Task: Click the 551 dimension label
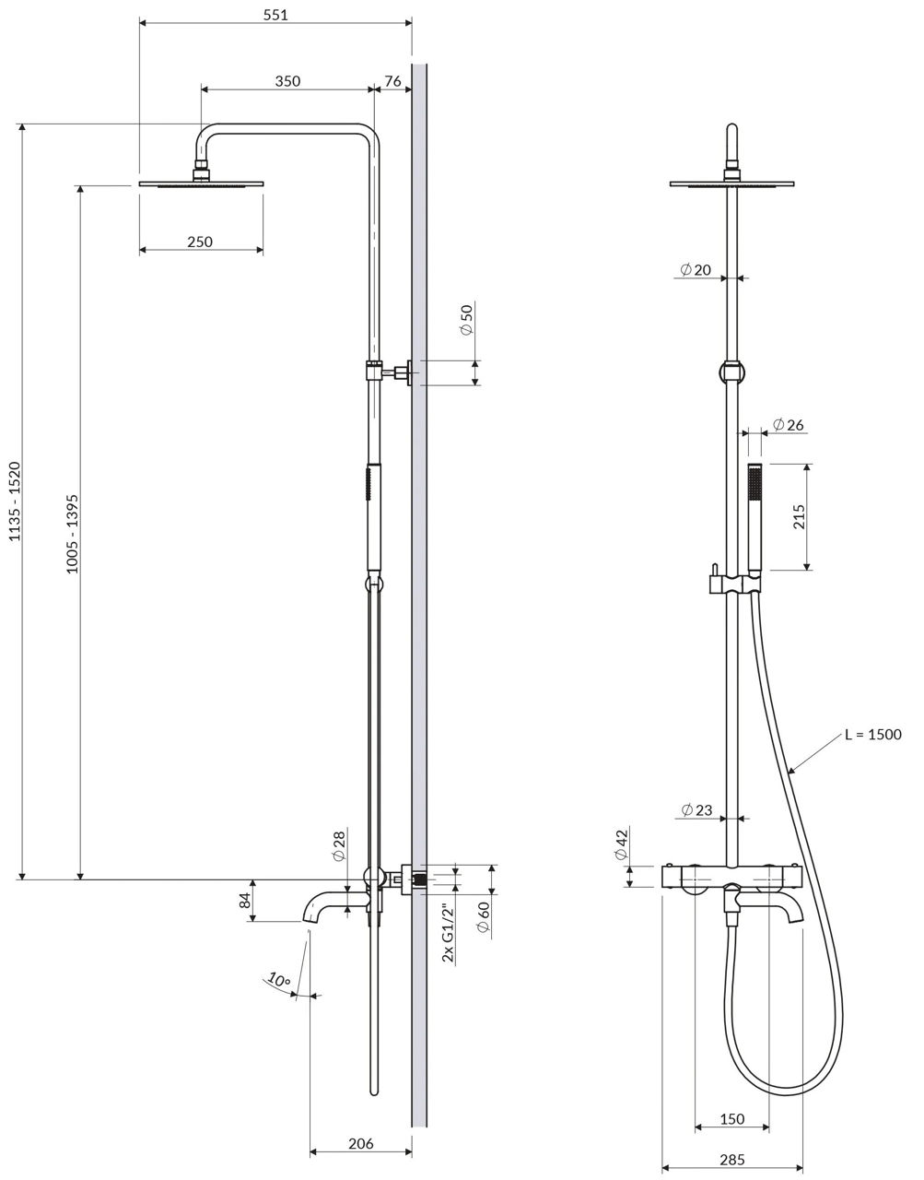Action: pyautogui.click(x=275, y=15)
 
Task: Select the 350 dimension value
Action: pyautogui.click(x=287, y=81)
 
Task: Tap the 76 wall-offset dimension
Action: pyautogui.click(x=392, y=81)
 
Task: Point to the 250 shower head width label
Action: pyautogui.click(x=200, y=242)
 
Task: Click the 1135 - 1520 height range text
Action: pyautogui.click(x=15, y=501)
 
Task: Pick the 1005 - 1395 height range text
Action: pyautogui.click(x=72, y=534)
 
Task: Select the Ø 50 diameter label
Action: pyautogui.click(x=467, y=320)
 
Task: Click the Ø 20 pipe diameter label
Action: pyautogui.click(x=696, y=269)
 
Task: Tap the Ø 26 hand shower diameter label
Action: pyautogui.click(x=789, y=424)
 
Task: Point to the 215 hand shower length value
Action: pyautogui.click(x=799, y=517)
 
